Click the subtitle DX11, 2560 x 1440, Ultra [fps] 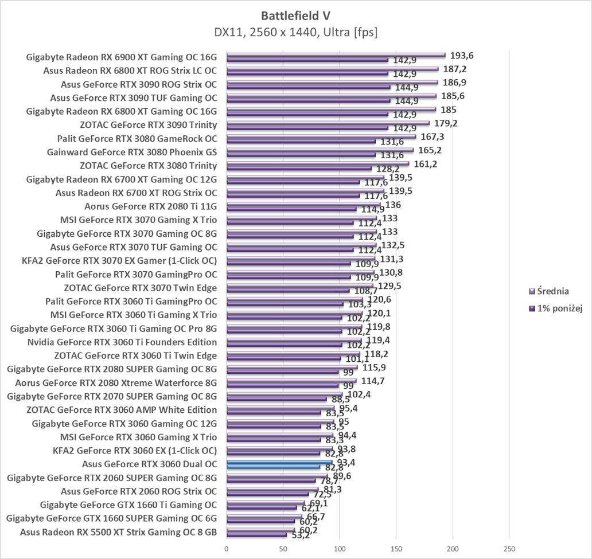pyautogui.click(x=296, y=32)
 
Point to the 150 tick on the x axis pyautogui.click(x=396, y=549)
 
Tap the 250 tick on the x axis pyautogui.click(x=509, y=549)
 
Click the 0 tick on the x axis pyautogui.click(x=227, y=549)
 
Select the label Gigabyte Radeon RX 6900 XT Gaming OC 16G pyautogui.click(x=122, y=57)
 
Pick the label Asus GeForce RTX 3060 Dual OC pyautogui.click(x=150, y=464)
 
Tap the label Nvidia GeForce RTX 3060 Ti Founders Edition pyautogui.click(x=122, y=342)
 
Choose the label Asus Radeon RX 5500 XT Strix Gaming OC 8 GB pyautogui.click(x=118, y=531)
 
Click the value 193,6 pyautogui.click(x=462, y=55)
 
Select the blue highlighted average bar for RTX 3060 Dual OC pyautogui.click(x=279, y=462)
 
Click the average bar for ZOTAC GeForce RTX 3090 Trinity pyautogui.click(x=328, y=123)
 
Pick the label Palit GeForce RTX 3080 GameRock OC pyautogui.click(x=137, y=139)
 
